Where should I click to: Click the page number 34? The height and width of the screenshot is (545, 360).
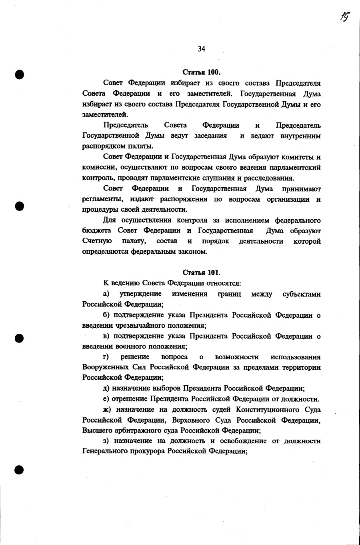[201, 49]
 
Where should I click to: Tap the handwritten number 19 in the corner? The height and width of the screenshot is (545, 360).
[344, 16]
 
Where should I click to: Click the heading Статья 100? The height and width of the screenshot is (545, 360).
[201, 72]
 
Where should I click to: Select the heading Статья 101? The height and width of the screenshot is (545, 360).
[201, 272]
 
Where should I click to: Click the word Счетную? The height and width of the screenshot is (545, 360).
[97, 241]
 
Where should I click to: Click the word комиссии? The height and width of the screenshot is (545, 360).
[98, 168]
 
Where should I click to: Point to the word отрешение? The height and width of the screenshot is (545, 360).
[130, 399]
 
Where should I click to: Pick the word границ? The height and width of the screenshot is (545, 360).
[229, 294]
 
